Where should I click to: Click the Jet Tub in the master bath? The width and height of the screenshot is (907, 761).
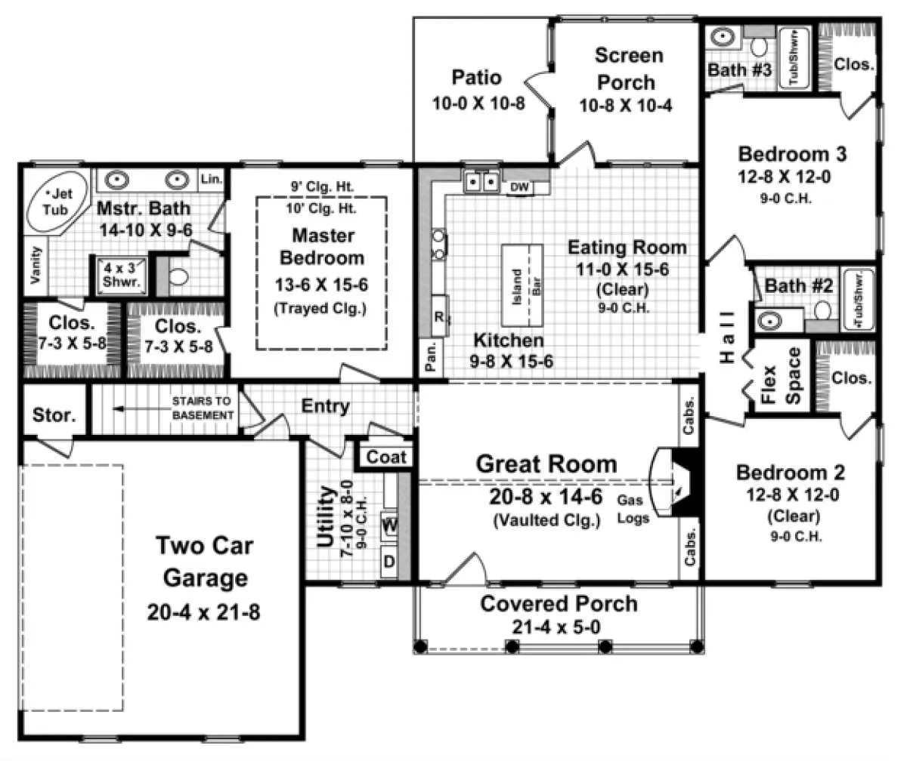pos(57,203)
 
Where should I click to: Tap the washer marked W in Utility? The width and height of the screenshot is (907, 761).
pos(389,526)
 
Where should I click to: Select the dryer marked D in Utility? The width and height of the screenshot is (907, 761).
pos(389,562)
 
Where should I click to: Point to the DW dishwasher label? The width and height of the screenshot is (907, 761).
pos(519,187)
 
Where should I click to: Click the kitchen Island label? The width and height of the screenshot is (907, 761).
pos(516,287)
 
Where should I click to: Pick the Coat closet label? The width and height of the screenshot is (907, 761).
pos(385,457)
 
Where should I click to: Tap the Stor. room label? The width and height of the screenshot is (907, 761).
pos(54,415)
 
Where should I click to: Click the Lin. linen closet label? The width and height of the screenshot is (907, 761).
pos(212,179)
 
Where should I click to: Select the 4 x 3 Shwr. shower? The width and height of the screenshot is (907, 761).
pos(121,275)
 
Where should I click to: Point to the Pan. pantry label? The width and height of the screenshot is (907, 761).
pos(431,357)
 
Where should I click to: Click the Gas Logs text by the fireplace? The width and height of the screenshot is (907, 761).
pos(632,510)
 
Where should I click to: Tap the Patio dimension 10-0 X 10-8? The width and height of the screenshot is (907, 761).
pos(478,103)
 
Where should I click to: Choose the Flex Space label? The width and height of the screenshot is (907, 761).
pos(781,376)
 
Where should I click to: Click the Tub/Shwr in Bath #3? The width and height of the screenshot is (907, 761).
pos(794,57)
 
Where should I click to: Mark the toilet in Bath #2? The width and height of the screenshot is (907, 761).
pos(822,310)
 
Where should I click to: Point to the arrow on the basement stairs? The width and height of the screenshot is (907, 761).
pos(141,408)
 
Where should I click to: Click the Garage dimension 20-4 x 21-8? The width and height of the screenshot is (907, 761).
pos(204,612)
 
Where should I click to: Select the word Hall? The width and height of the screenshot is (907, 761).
pos(726,337)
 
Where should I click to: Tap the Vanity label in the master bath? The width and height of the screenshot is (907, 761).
pos(36,265)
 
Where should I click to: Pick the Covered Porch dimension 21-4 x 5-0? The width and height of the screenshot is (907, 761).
pos(556,627)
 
